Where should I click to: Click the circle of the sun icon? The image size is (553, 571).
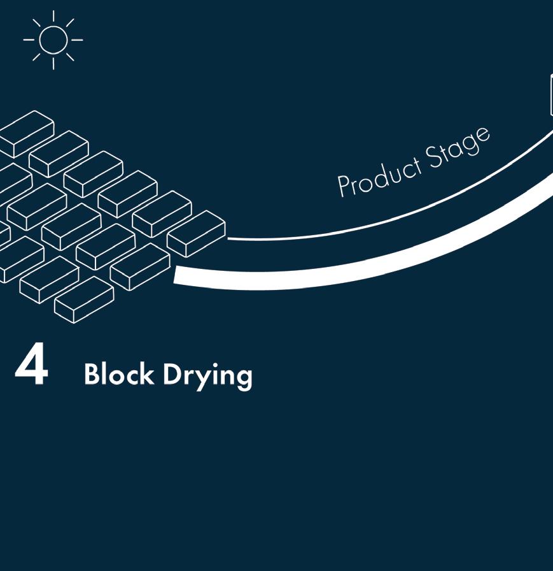point(53,40)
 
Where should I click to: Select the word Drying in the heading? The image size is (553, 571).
point(207,376)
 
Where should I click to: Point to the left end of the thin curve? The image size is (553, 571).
point(230,239)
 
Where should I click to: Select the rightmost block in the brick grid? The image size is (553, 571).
point(196,233)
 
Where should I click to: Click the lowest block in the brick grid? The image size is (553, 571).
point(84,300)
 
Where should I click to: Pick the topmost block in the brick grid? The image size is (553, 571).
point(27,133)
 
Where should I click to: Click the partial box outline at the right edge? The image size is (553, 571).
point(551,96)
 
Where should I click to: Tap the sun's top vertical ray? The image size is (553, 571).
point(53,16)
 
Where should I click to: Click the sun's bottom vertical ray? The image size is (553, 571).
point(53,63)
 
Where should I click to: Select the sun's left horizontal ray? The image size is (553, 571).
point(29,40)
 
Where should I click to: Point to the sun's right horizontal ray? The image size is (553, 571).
point(77,40)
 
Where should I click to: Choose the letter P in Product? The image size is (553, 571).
point(344,186)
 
